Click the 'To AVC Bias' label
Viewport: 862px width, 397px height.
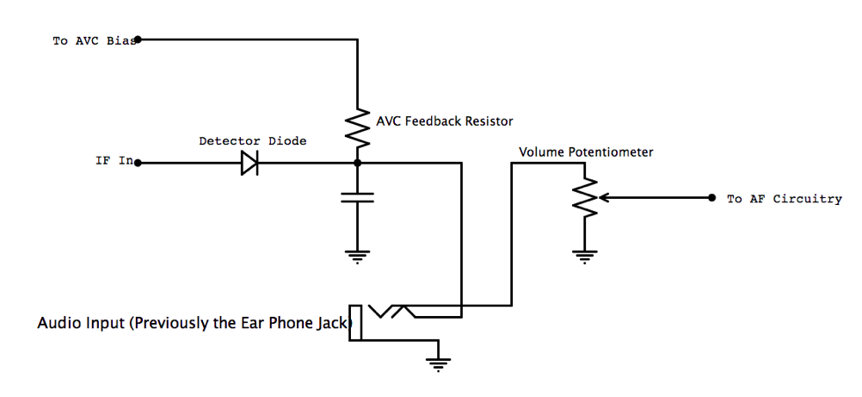(x=94, y=40)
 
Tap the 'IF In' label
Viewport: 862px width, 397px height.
(x=114, y=161)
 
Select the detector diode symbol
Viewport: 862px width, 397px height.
(x=249, y=162)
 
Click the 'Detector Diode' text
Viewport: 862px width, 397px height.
(x=252, y=140)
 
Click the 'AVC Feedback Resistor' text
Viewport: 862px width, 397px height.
(x=445, y=121)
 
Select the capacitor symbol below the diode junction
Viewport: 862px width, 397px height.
(x=357, y=198)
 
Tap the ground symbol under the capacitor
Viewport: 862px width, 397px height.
(x=357, y=254)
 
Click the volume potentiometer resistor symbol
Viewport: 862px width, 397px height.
(x=585, y=197)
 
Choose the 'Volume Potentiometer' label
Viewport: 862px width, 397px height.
(x=586, y=152)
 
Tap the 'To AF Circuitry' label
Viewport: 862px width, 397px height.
(x=784, y=199)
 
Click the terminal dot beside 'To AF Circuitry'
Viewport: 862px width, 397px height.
(x=711, y=197)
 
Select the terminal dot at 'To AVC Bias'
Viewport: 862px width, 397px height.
(x=139, y=39)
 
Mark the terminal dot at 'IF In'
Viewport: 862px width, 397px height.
(x=139, y=162)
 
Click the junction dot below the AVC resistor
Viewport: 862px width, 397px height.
(x=357, y=162)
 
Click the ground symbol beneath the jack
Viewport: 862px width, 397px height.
(x=439, y=363)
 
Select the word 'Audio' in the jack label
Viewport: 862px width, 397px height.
(x=54, y=324)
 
